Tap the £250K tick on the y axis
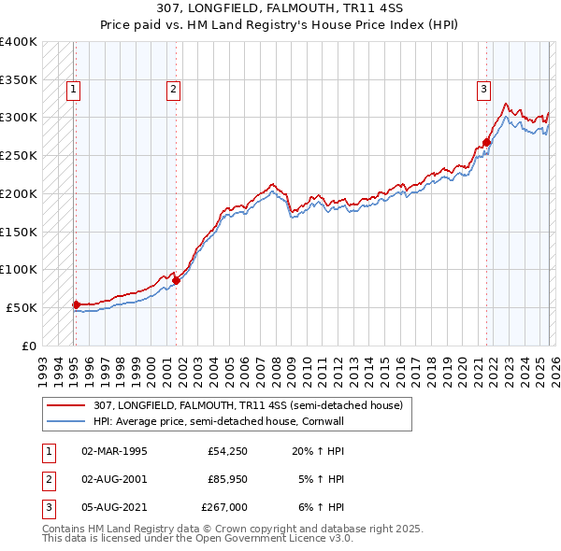click(18, 155)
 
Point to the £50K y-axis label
click(21, 307)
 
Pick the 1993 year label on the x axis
click(42, 365)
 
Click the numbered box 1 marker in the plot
click(73, 90)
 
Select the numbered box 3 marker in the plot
click(483, 90)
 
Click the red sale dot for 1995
click(76, 304)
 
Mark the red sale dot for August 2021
click(486, 143)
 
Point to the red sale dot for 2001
click(176, 279)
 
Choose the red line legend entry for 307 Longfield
click(248, 405)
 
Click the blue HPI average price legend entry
click(232, 421)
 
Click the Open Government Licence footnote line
click(197, 539)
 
